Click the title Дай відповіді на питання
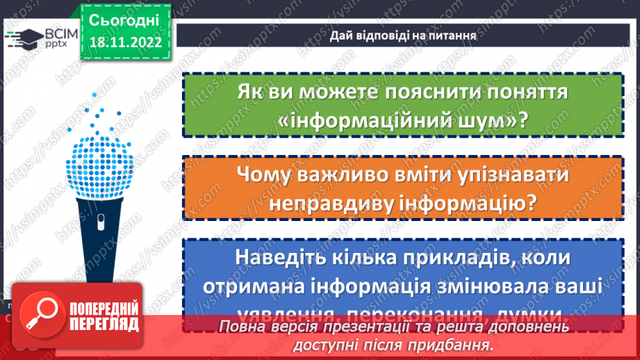[403, 35]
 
